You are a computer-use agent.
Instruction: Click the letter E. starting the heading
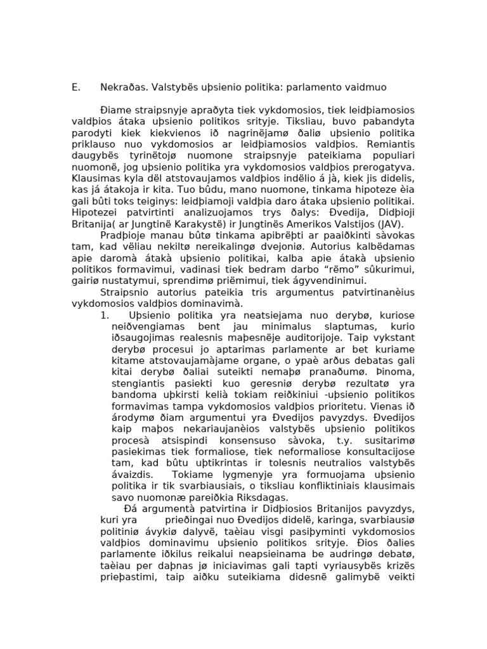(75, 87)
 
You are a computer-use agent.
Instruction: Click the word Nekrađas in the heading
(123, 87)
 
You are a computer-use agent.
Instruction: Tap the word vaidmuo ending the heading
(364, 87)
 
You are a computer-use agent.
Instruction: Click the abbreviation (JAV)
(386, 224)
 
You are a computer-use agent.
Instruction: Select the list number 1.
(105, 315)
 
